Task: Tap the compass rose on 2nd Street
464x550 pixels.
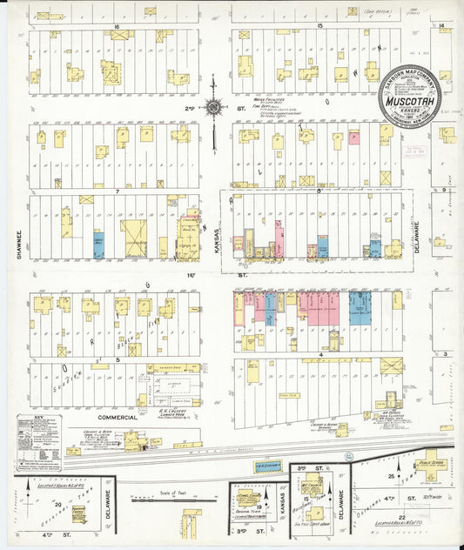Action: [x=213, y=108]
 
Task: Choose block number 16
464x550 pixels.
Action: [x=115, y=28]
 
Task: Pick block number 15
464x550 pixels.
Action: [x=320, y=28]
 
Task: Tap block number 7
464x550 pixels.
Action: [x=115, y=189]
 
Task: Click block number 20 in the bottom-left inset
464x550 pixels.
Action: [x=58, y=504]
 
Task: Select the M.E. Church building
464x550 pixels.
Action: [x=312, y=485]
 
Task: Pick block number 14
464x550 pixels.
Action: [x=442, y=27]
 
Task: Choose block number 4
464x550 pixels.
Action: [x=320, y=355]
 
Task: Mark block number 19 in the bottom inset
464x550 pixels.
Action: [x=259, y=505]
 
